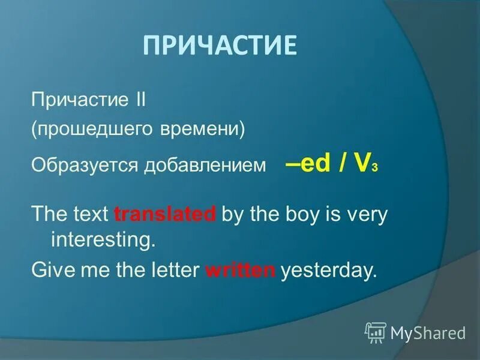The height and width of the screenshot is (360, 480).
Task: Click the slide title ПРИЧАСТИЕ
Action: [220, 46]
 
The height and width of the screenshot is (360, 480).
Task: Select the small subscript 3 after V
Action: [374, 169]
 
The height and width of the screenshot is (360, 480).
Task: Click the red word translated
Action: [165, 214]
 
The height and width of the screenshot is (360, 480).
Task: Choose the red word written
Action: [240, 271]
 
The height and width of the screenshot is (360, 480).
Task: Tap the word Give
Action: [52, 271]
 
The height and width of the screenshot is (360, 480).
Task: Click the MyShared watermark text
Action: [427, 332]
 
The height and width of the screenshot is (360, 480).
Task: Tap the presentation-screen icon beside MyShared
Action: [376, 332]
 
